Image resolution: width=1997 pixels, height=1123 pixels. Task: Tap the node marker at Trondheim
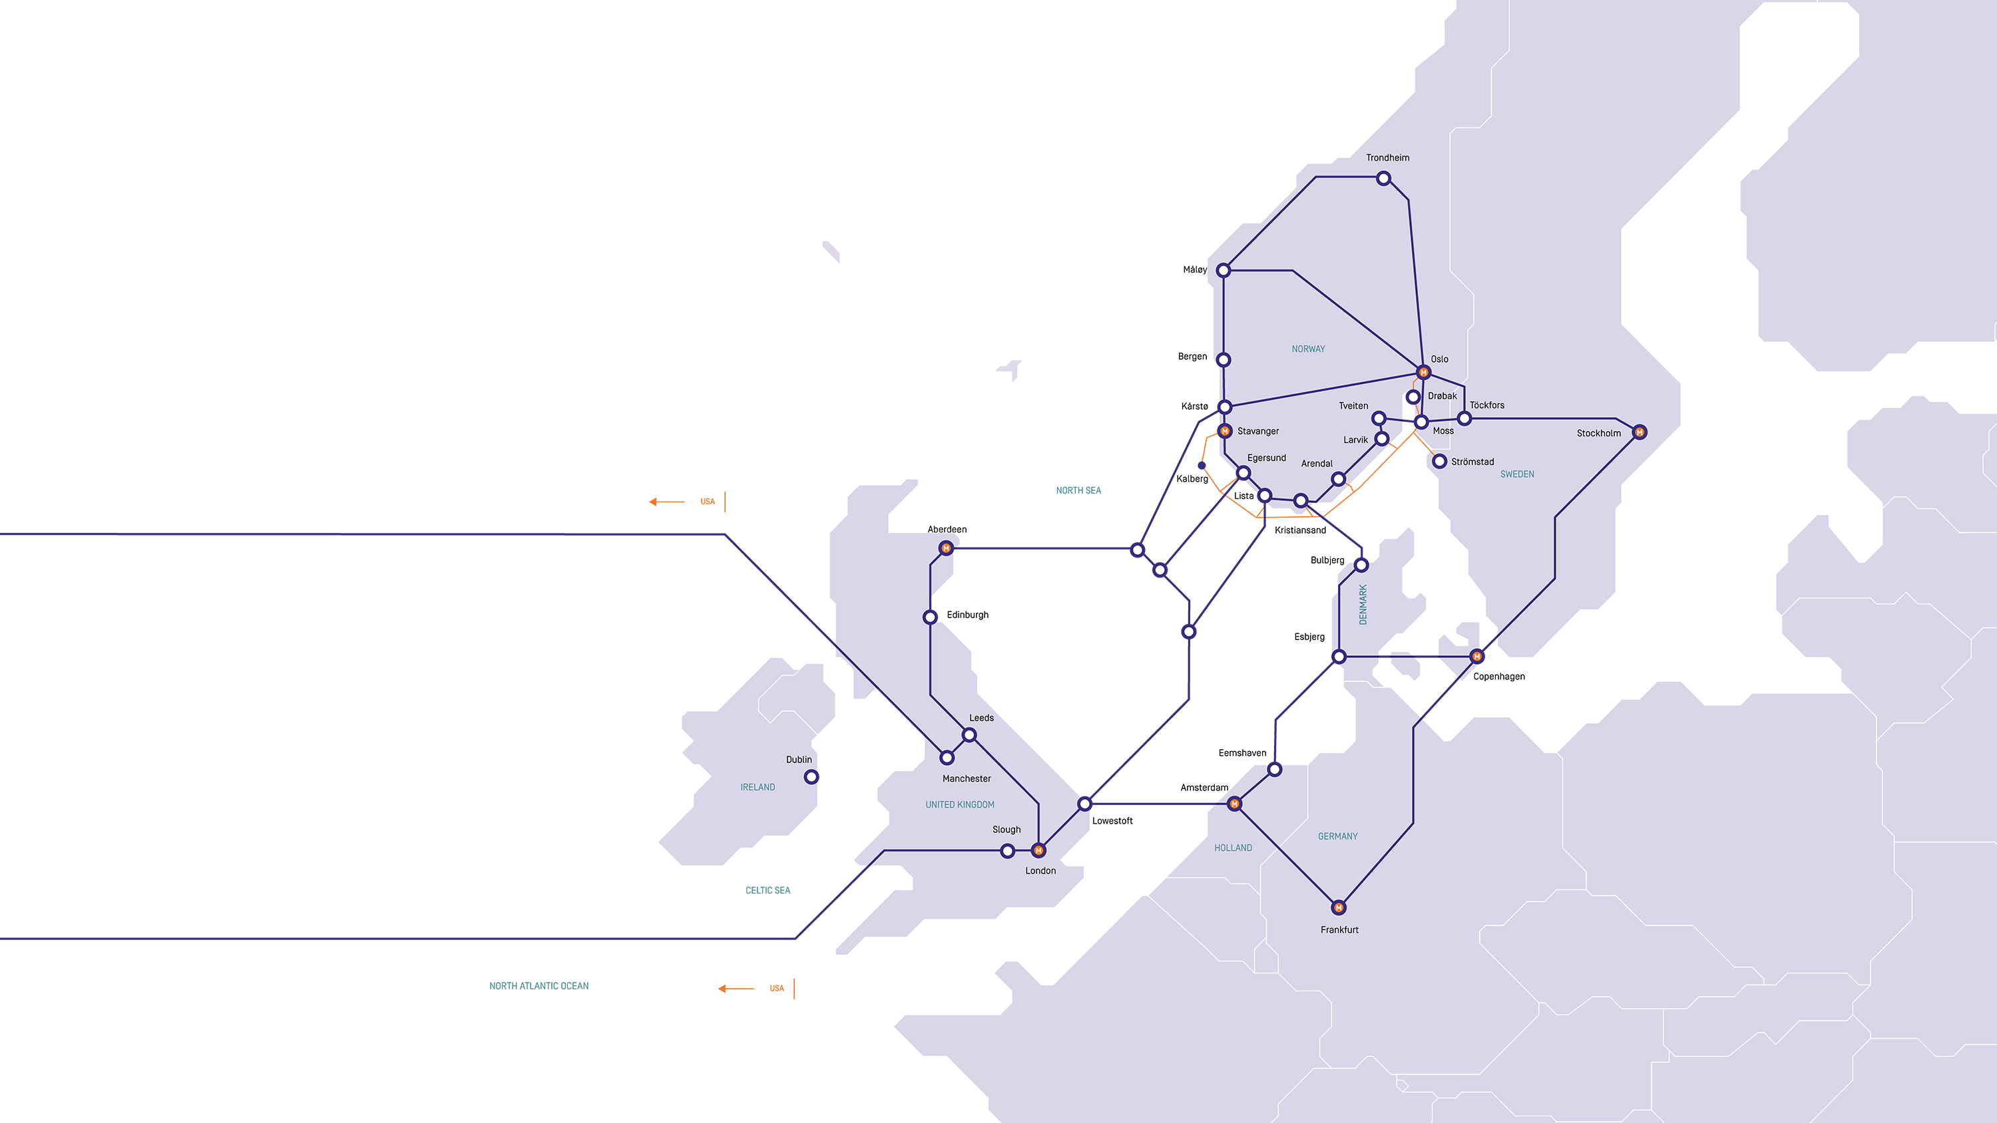pyautogui.click(x=1384, y=179)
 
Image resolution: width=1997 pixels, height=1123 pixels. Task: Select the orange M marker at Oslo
pyautogui.click(x=1423, y=373)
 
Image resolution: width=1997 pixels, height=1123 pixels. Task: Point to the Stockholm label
pyautogui.click(x=1598, y=433)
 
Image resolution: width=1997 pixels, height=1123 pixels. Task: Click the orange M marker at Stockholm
pyautogui.click(x=1640, y=432)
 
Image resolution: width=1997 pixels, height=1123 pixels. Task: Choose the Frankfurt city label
pyautogui.click(x=1339, y=930)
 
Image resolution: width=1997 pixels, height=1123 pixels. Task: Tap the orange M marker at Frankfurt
pyautogui.click(x=1339, y=907)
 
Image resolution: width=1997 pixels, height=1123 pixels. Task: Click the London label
pyautogui.click(x=1040, y=871)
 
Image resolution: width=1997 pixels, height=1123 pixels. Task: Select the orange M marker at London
pyautogui.click(x=1039, y=851)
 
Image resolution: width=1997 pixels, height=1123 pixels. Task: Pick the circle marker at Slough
pyautogui.click(x=1008, y=851)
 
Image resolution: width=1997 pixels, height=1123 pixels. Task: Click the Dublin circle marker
pyautogui.click(x=811, y=776)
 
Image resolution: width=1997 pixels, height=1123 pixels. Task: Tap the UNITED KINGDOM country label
pyautogui.click(x=960, y=805)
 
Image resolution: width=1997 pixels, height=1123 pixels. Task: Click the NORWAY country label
pyautogui.click(x=1309, y=349)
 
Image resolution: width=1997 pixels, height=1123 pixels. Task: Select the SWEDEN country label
pyautogui.click(x=1517, y=474)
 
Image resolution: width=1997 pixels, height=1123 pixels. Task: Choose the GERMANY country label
pyautogui.click(x=1338, y=837)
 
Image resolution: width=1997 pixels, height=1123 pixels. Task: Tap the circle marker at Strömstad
pyautogui.click(x=1440, y=462)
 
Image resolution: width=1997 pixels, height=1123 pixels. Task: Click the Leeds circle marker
pyautogui.click(x=969, y=734)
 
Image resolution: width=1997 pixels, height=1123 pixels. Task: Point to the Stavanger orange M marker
pyautogui.click(x=1225, y=431)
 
